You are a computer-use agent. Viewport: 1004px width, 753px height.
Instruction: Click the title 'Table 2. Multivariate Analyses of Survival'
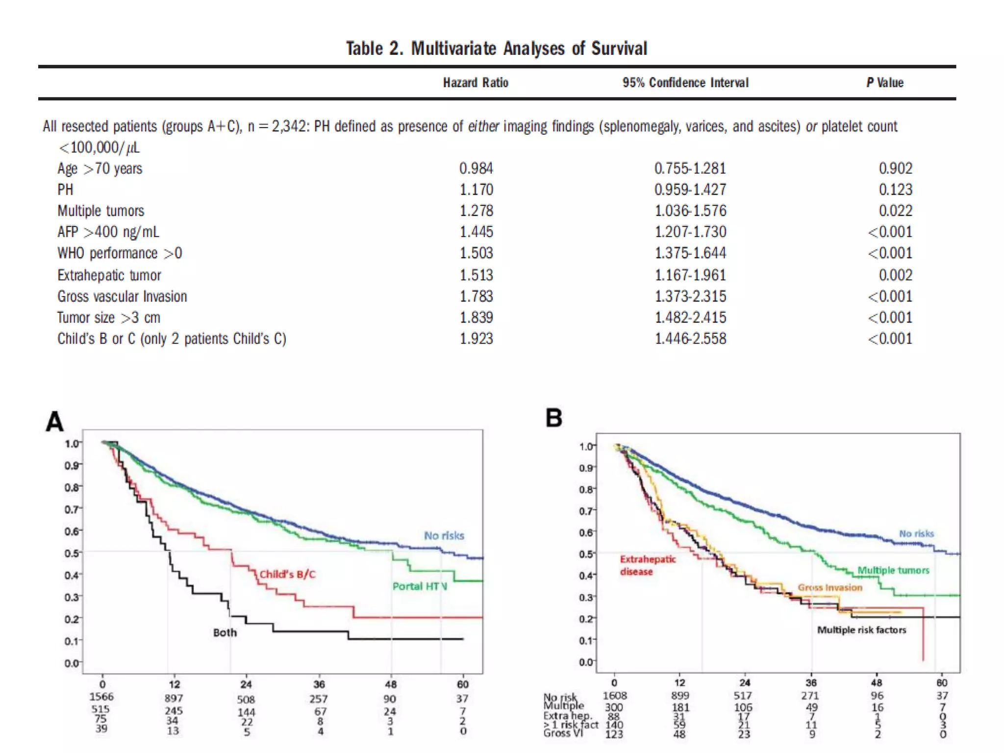coord(496,49)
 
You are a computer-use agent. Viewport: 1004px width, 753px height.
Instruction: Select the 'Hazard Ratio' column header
coord(476,82)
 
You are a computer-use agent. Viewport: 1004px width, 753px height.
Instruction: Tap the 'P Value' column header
coord(884,82)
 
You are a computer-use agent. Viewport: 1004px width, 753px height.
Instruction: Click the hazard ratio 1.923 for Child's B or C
coord(476,339)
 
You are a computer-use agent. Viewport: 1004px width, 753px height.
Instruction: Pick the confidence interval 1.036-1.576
coord(690,211)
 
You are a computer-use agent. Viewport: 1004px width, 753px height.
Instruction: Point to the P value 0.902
coord(895,169)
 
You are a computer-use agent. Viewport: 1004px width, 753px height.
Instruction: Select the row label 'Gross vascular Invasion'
coord(122,297)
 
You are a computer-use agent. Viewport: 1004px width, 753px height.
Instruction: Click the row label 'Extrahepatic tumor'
coord(109,275)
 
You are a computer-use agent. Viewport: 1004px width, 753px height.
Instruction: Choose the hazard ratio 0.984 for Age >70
coord(476,169)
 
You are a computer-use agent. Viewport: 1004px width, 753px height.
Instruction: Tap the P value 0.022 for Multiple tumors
coord(895,211)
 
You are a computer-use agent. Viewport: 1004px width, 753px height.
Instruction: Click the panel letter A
coord(54,421)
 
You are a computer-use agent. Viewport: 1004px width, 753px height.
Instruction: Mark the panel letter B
coord(554,418)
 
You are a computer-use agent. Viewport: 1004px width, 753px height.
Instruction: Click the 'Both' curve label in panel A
coord(225,633)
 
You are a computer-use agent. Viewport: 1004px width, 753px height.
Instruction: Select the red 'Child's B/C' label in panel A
coord(287,575)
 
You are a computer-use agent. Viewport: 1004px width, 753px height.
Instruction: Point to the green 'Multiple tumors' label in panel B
coord(893,570)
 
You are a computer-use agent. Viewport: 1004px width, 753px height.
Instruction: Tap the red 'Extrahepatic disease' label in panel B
coord(647,565)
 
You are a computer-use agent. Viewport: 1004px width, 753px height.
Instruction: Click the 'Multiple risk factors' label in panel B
coord(861,630)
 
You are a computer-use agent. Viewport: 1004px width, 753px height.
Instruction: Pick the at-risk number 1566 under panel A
coord(101,697)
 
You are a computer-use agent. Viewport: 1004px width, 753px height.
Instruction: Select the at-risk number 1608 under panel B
coord(615,696)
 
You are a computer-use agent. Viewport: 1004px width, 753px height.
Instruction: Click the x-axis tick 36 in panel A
coord(319,684)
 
